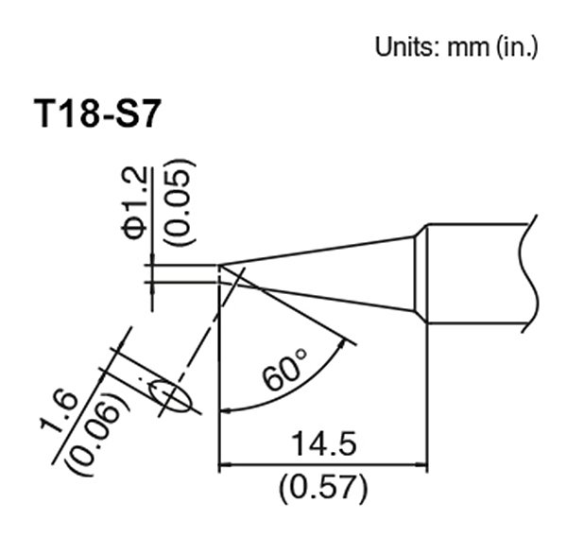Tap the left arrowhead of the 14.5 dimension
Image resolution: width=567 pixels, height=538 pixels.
tap(225, 465)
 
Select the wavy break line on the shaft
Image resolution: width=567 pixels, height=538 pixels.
tap(531, 274)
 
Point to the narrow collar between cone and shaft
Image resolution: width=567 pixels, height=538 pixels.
tap(421, 274)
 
